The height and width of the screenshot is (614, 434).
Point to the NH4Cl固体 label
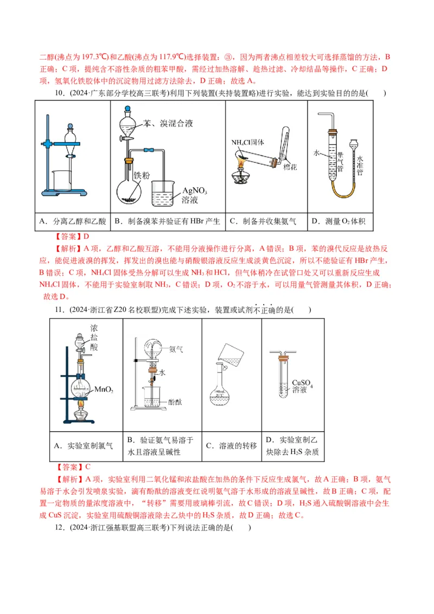coord(247,143)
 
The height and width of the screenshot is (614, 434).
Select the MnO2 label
coord(103,389)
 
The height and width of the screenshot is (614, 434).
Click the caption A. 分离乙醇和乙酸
coord(74,221)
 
